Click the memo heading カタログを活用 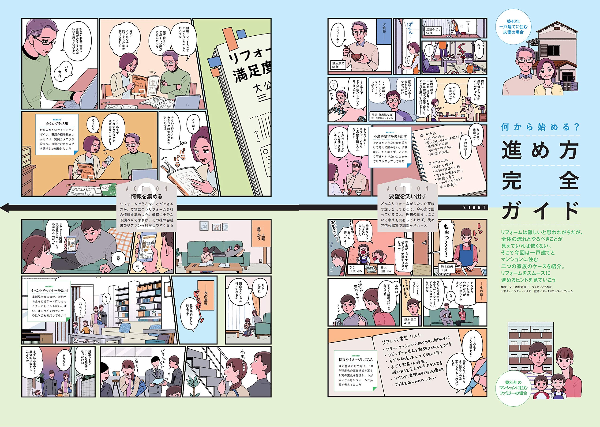(57, 123)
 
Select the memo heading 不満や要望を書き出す (390, 136)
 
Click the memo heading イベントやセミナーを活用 (49, 290)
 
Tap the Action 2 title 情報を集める (146, 196)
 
